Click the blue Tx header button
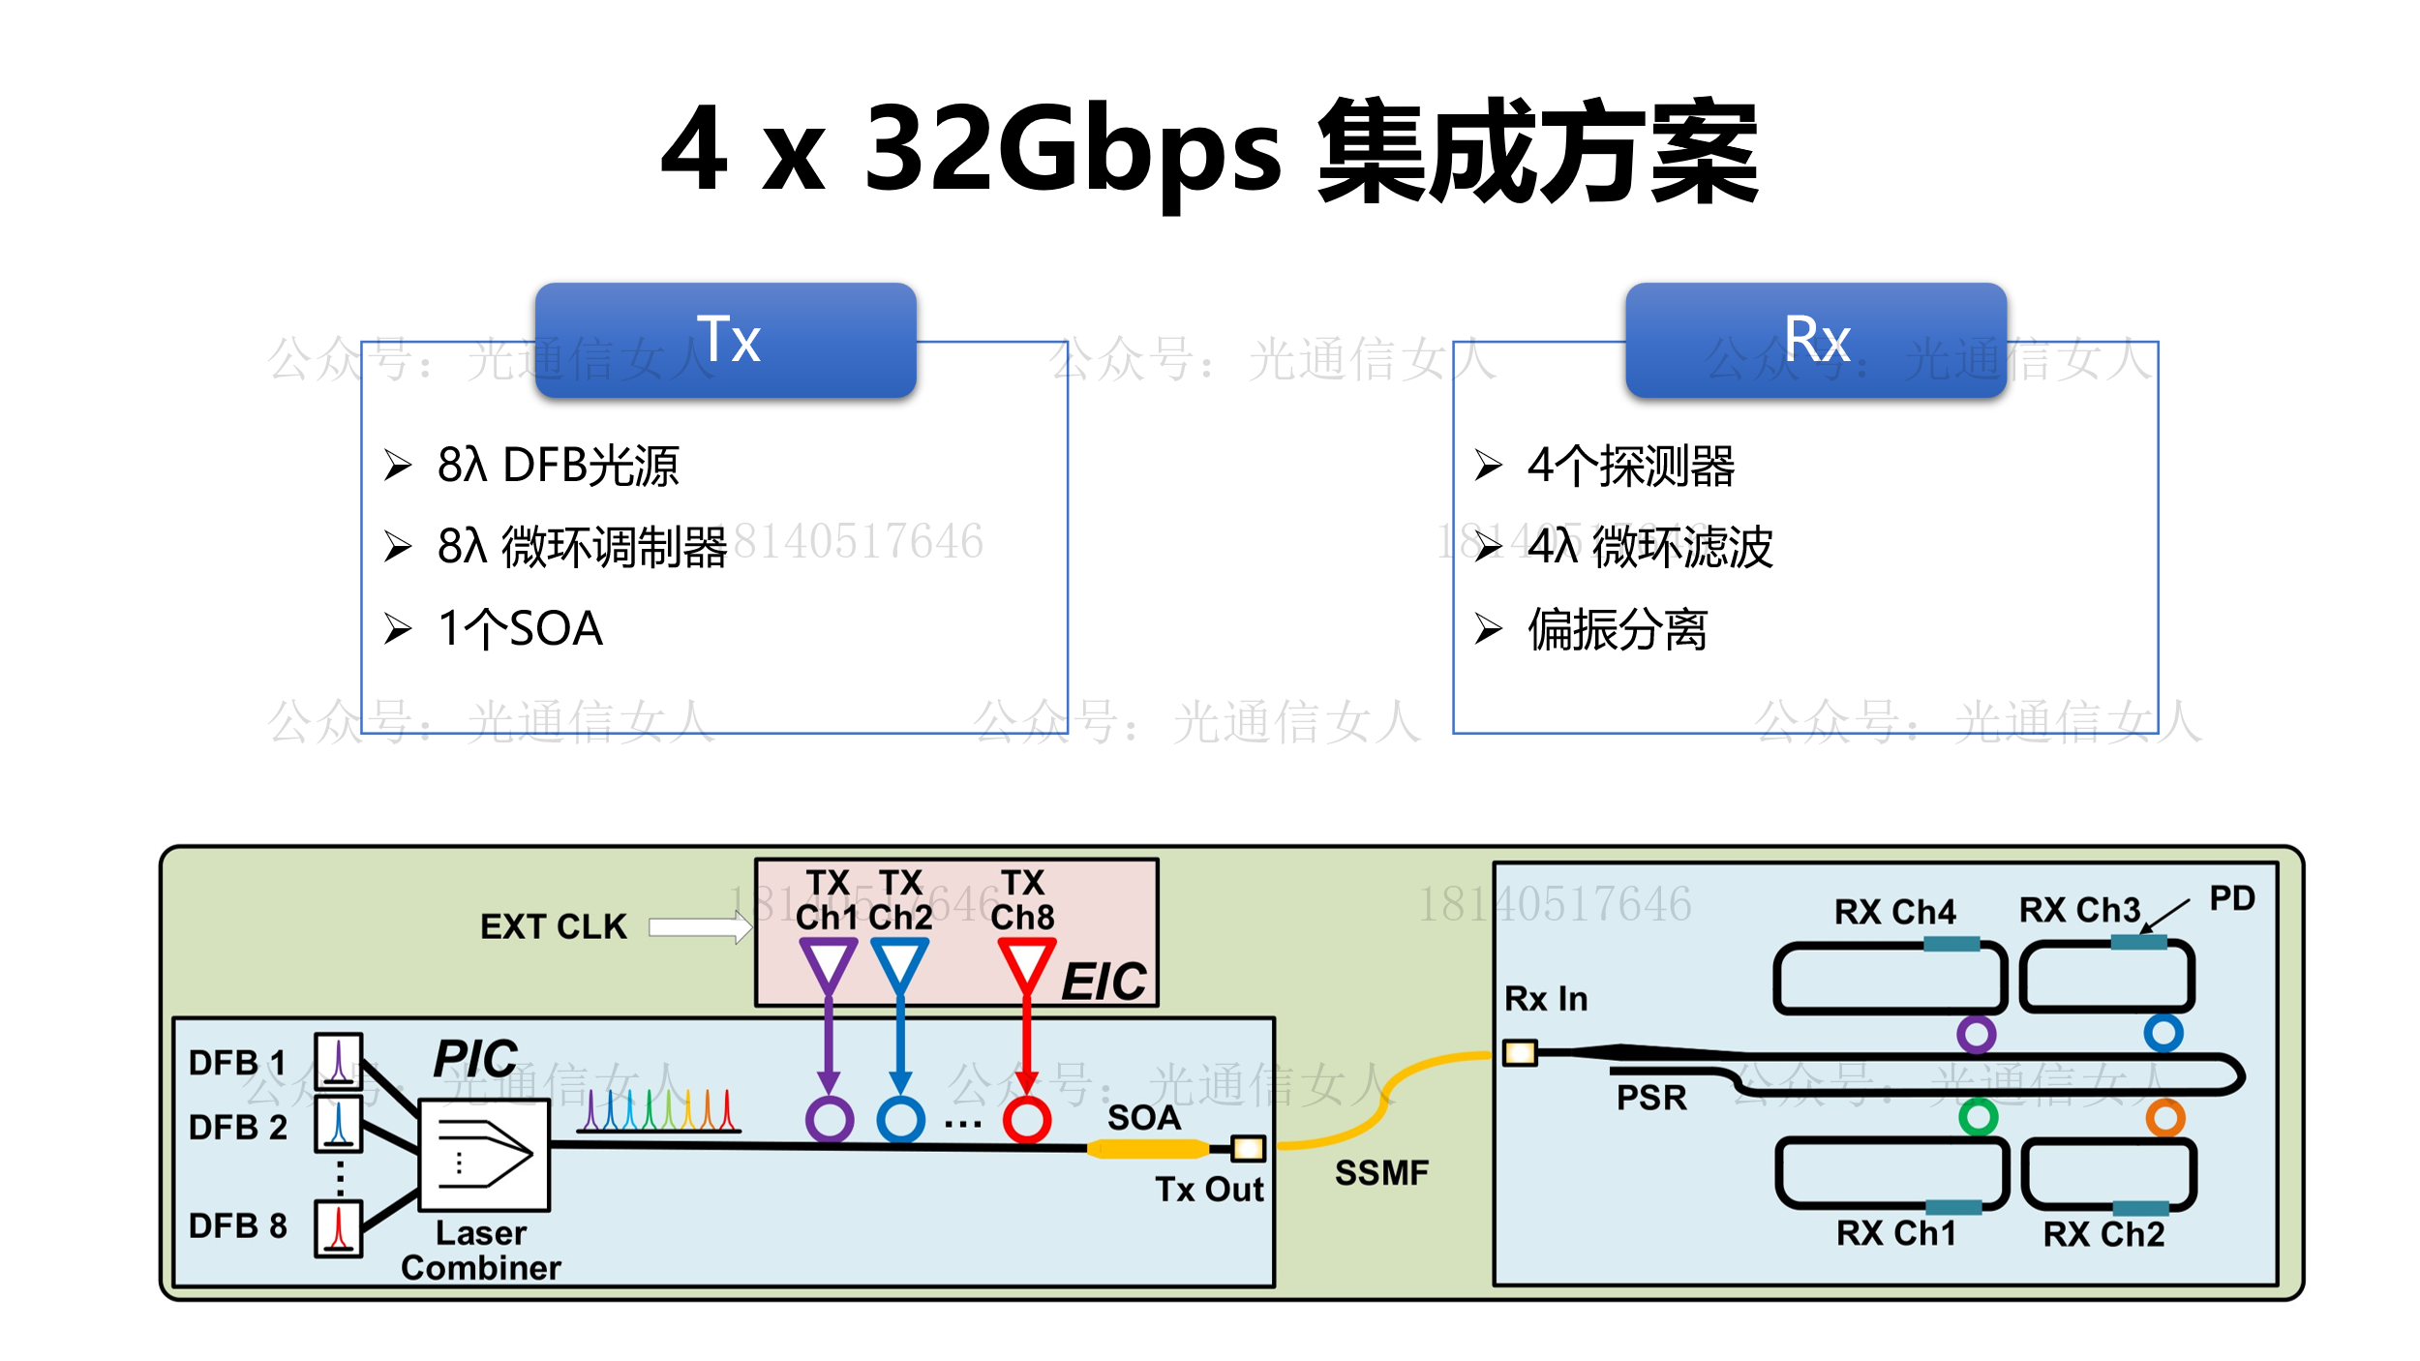pyautogui.click(x=725, y=340)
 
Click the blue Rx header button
pyautogui.click(x=1816, y=340)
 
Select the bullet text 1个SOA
pyautogui.click(x=521, y=629)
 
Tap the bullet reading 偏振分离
pyautogui.click(x=1618, y=629)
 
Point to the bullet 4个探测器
pyautogui.click(x=1631, y=466)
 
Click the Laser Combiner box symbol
pyautogui.click(x=484, y=1155)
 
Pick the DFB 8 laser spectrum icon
pyautogui.click(x=339, y=1228)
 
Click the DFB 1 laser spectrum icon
pyautogui.click(x=339, y=1060)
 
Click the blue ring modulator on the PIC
pyautogui.click(x=900, y=1120)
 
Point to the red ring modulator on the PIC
pyautogui.click(x=1026, y=1120)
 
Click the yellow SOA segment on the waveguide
pyautogui.click(x=1147, y=1149)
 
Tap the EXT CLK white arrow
pyautogui.click(x=699, y=927)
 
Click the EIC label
pyautogui.click(x=1104, y=982)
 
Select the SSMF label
pyautogui.click(x=1381, y=1173)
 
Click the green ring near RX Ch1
pyautogui.click(x=1978, y=1117)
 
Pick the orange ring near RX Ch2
pyautogui.click(x=2164, y=1117)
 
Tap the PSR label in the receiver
pyautogui.click(x=1651, y=1098)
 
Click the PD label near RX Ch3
pyautogui.click(x=2232, y=898)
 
